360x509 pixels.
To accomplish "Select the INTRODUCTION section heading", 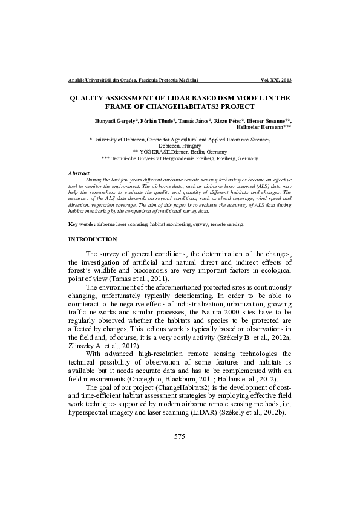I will (93, 239).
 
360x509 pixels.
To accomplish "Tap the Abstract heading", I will (79, 173).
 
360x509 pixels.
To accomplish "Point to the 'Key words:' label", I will (82, 224).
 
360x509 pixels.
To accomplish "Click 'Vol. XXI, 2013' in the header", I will (276, 80).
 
